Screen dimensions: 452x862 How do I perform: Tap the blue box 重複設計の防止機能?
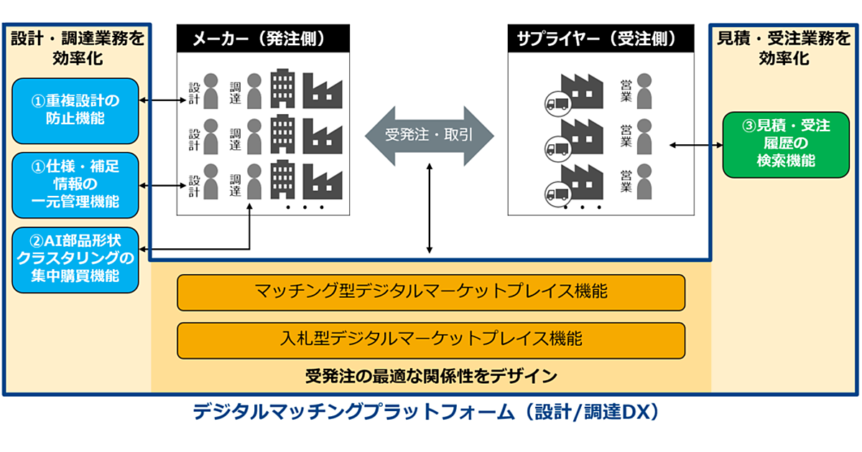click(75, 110)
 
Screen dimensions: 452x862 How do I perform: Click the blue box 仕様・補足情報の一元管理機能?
click(75, 184)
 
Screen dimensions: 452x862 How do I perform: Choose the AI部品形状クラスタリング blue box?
click(75, 258)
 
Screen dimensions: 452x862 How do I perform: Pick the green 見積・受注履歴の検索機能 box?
click(786, 143)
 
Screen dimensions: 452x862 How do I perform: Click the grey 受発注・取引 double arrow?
click(430, 134)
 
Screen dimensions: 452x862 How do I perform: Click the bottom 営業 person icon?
click(645, 182)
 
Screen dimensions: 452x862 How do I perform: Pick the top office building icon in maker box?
click(282, 90)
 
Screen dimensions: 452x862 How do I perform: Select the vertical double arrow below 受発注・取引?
click(430, 208)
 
